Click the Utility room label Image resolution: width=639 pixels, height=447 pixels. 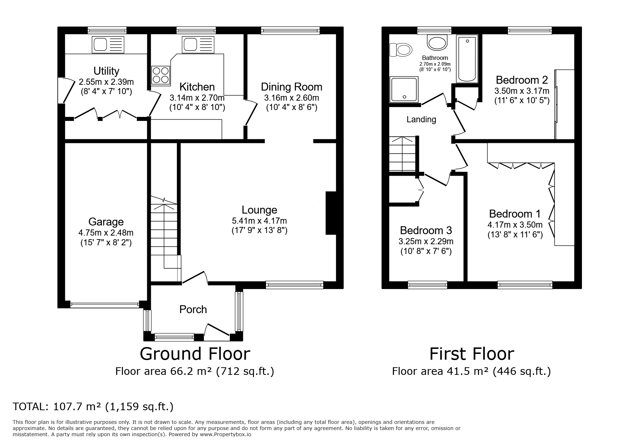[x=106, y=71]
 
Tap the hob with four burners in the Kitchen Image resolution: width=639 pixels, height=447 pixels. [x=161, y=75]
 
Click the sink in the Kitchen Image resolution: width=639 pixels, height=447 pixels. [x=198, y=45]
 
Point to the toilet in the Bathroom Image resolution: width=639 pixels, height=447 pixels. [x=401, y=50]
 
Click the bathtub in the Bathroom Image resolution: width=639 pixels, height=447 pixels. [x=467, y=59]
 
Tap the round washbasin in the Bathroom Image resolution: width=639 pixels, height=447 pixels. [x=437, y=42]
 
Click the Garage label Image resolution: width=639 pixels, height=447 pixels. [x=106, y=222]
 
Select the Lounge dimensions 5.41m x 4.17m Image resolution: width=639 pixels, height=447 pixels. [x=259, y=221]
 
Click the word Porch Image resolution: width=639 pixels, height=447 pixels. [x=193, y=309]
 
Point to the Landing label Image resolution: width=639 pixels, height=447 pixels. [x=421, y=119]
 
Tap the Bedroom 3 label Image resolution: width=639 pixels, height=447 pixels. [x=426, y=230]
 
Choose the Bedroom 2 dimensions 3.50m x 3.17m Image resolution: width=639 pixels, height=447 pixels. [x=522, y=91]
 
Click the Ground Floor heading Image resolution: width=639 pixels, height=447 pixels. [x=195, y=354]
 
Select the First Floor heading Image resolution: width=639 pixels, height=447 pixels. [x=472, y=354]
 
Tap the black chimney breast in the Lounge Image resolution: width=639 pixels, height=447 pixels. [x=331, y=213]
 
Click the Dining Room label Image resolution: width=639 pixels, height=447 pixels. [x=292, y=87]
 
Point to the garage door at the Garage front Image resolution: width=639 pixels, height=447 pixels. [x=105, y=305]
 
